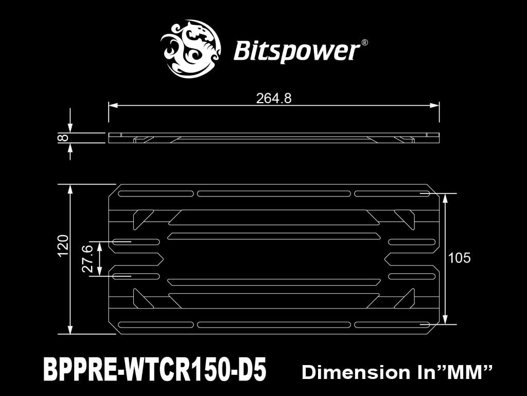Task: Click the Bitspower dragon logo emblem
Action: point(190,49)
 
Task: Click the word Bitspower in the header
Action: point(296,51)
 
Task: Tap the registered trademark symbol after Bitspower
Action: point(364,43)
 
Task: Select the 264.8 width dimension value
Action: point(274,98)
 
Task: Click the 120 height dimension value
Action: point(63,245)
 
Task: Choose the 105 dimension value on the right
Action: point(460,258)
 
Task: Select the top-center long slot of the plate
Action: point(274,193)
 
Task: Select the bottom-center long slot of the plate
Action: point(274,324)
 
